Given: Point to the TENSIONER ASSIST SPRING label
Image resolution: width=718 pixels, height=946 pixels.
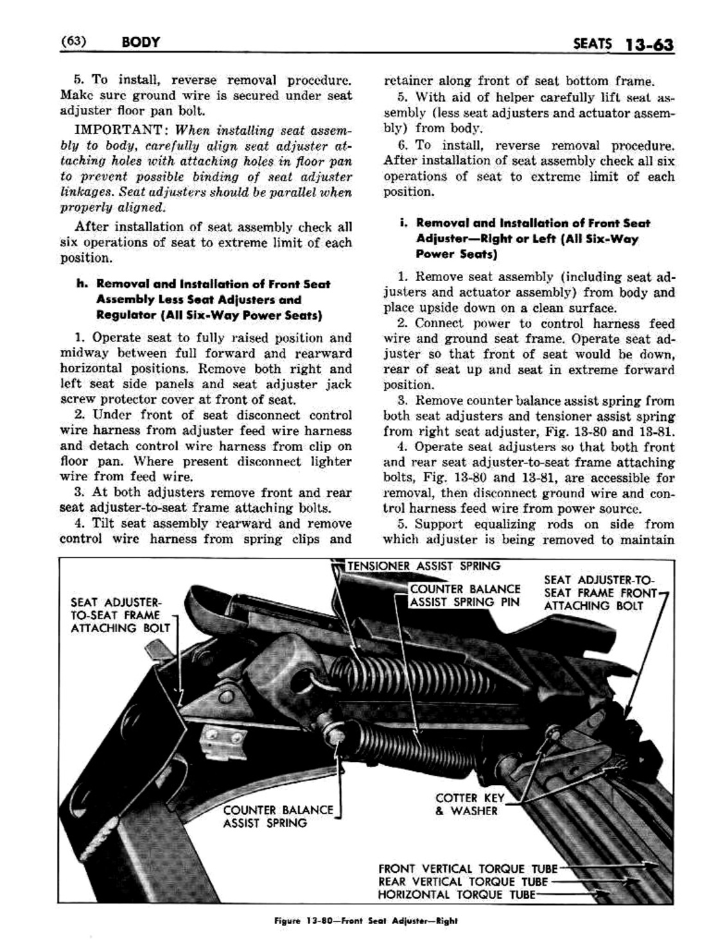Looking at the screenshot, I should pyautogui.click(x=423, y=566).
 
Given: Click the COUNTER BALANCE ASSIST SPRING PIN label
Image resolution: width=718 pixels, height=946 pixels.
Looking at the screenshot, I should pyautogui.click(x=465, y=596).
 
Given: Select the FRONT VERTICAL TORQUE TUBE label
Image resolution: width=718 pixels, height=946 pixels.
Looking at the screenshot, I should pyautogui.click(x=468, y=870).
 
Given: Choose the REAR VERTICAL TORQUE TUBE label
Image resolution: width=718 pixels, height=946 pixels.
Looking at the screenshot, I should pyautogui.click(x=463, y=882).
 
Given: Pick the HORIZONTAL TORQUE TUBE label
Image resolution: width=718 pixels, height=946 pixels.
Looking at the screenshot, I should pyautogui.click(x=456, y=894).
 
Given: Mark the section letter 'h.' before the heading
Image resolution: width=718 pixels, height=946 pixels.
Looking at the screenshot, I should pyautogui.click(x=81, y=284).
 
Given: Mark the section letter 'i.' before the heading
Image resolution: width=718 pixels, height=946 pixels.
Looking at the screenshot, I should pyautogui.click(x=403, y=223).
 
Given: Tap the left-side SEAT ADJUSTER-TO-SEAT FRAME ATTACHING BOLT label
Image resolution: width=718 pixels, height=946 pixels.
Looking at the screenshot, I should pyautogui.click(x=120, y=615).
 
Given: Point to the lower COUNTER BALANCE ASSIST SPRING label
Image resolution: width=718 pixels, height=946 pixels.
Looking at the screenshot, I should pyautogui.click(x=278, y=816).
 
